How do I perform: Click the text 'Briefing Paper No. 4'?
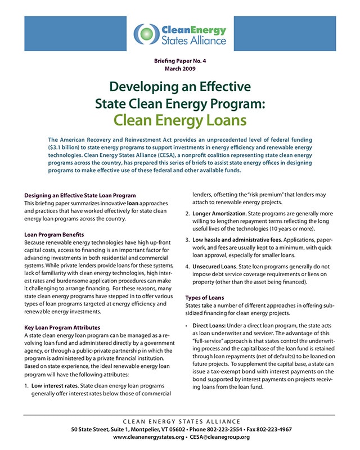point(180,60)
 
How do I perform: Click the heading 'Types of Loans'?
point(205,298)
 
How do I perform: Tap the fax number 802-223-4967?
point(274,429)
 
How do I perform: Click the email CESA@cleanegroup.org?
point(220,437)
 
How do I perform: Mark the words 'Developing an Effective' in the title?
point(180,87)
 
